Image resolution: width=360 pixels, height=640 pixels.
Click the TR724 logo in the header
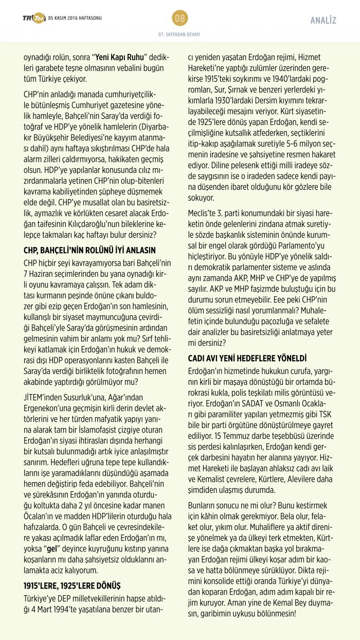click(x=33, y=18)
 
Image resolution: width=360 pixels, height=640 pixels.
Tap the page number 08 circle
click(x=180, y=18)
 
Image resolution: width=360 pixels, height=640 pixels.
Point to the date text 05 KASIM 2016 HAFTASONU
click(x=75, y=18)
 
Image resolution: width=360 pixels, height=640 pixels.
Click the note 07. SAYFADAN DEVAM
click(x=179, y=34)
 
